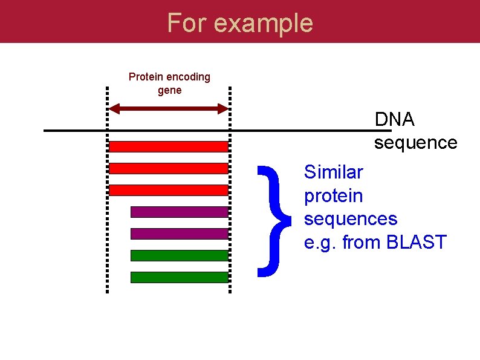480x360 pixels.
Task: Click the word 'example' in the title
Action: [264, 23]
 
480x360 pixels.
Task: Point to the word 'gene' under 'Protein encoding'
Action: [169, 91]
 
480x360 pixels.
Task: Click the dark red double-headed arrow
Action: [169, 109]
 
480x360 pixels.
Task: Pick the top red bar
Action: [169, 146]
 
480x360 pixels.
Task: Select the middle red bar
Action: [169, 168]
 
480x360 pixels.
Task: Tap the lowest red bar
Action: [169, 190]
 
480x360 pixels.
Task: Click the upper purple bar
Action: [180, 212]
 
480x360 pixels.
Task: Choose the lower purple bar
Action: [180, 234]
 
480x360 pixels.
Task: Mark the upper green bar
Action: [180, 255]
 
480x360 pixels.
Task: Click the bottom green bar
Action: [180, 277]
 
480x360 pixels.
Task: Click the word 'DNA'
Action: [395, 120]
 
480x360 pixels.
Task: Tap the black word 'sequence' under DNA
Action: [415, 143]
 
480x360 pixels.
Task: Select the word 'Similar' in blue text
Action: [334, 172]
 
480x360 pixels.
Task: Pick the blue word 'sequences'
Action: [351, 218]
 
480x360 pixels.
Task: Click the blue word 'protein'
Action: [334, 196]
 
